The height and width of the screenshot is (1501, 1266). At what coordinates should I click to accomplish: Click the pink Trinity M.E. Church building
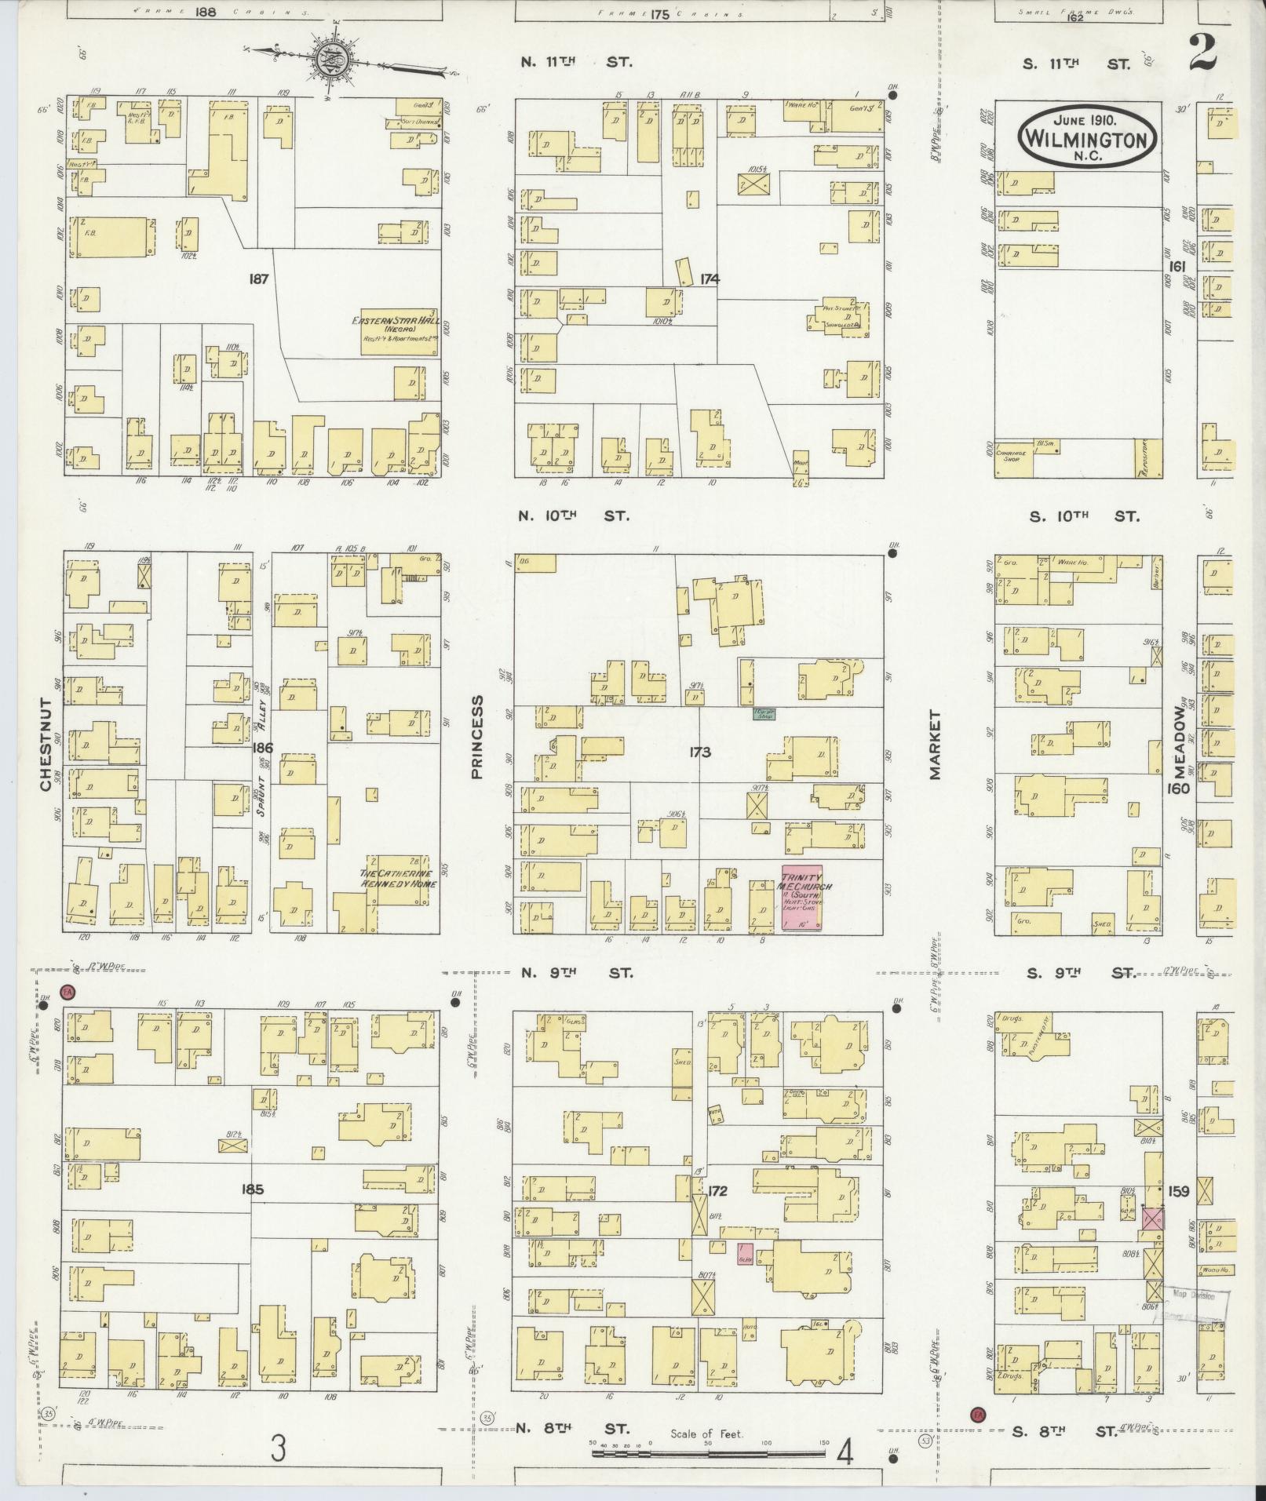(x=801, y=898)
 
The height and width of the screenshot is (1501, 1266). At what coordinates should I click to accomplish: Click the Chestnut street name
(x=46, y=745)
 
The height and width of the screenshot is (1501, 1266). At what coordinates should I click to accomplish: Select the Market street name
(x=934, y=745)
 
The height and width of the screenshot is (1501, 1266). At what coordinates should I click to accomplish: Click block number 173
(x=699, y=752)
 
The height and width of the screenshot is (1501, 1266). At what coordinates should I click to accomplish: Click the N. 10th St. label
(x=575, y=516)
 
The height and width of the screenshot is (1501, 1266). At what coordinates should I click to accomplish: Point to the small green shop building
(x=763, y=715)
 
